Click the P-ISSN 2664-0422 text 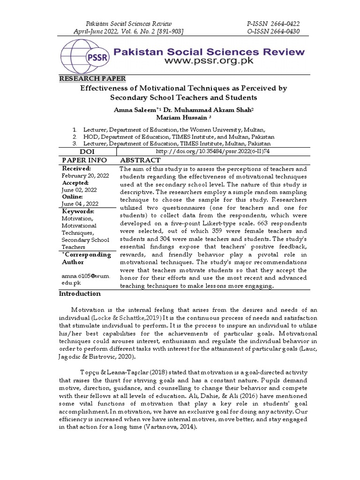coord(273,23)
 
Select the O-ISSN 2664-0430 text coord(273,31)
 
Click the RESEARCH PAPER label coord(91,79)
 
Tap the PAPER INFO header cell coord(82,160)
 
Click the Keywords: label coord(78,211)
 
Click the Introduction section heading coord(79,293)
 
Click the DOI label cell coord(87,152)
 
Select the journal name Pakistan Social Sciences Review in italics coord(126,23)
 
